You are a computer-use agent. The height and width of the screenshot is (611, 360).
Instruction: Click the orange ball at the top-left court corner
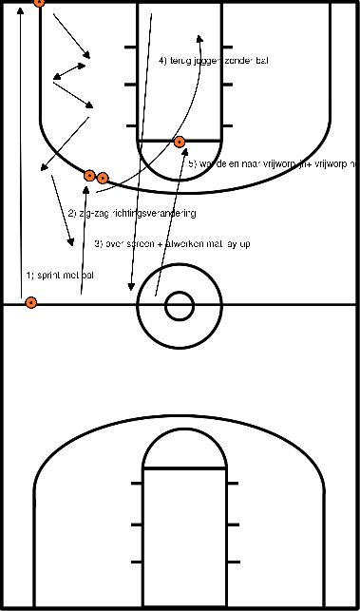[x=38, y=2]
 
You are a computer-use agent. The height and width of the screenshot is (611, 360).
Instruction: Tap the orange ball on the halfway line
[x=31, y=303]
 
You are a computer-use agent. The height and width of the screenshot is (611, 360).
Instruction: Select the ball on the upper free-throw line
[x=180, y=143]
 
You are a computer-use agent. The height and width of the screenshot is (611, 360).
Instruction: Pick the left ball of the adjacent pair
[x=90, y=176]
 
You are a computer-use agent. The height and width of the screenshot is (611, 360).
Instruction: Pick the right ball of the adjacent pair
[x=103, y=178]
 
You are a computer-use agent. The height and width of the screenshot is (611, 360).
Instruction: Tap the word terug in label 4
[x=182, y=61]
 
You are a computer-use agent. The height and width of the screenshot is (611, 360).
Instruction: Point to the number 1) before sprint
[x=29, y=276]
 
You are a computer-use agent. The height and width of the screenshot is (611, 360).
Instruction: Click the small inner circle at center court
[x=179, y=305]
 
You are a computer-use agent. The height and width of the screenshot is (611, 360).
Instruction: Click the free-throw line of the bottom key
[x=184, y=469]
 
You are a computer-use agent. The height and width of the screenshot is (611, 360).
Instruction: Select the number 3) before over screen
[x=98, y=244]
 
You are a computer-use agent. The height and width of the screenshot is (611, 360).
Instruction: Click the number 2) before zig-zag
[x=71, y=213]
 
